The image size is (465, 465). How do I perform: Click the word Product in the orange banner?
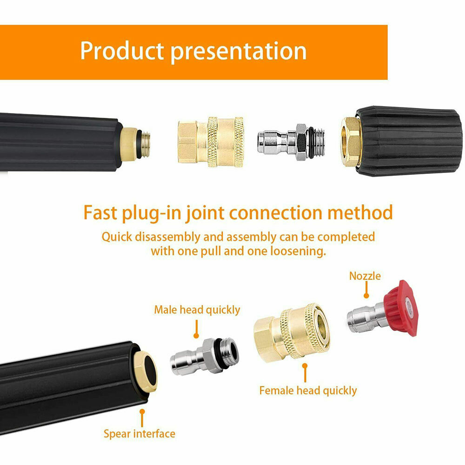click(x=122, y=51)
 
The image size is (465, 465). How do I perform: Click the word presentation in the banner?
click(x=239, y=52)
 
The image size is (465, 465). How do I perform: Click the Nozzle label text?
click(x=365, y=276)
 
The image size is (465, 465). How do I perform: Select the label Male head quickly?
click(x=197, y=310)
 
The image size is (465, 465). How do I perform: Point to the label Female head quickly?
click(x=308, y=391)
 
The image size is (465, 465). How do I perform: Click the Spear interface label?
click(x=139, y=434)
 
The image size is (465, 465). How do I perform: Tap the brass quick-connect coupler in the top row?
click(x=211, y=142)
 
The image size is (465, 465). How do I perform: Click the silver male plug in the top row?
click(x=291, y=142)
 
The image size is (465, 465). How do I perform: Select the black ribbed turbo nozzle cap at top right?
click(x=409, y=140)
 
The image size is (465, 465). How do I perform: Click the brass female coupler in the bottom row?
click(x=292, y=333)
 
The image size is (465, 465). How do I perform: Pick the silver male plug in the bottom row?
click(x=205, y=356)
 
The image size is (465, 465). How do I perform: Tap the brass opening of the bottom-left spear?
click(x=146, y=372)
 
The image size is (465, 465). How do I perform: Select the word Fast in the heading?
click(x=100, y=213)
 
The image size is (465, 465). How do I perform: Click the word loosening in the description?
click(x=298, y=251)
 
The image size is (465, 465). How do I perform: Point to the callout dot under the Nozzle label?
click(x=366, y=295)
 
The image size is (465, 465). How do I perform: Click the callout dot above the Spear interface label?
click(x=142, y=412)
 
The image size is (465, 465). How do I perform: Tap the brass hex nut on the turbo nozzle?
click(x=351, y=141)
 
